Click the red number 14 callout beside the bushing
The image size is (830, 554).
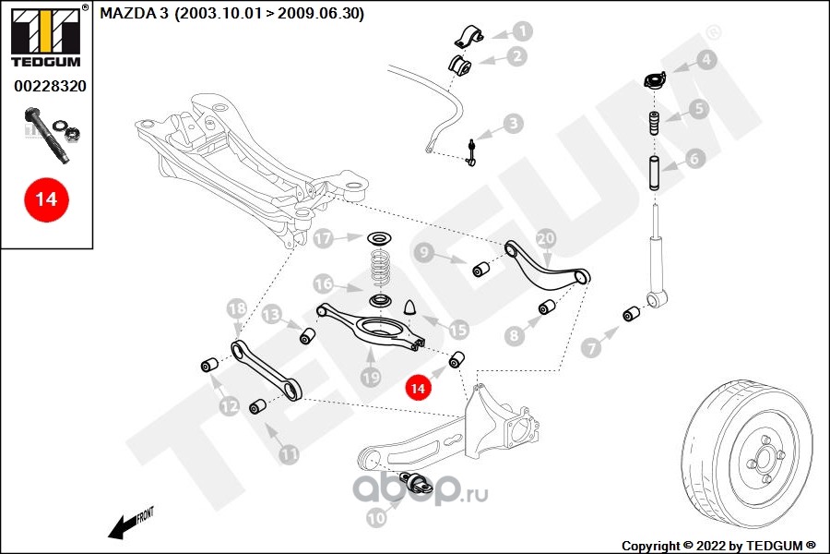click(x=418, y=389)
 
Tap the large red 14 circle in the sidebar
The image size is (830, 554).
click(x=46, y=199)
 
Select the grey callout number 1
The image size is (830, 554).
click(x=522, y=31)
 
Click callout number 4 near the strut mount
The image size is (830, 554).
click(x=705, y=60)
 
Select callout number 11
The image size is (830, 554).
click(x=289, y=453)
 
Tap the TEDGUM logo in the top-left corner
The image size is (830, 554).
click(x=44, y=37)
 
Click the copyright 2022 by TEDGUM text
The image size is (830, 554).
click(x=719, y=546)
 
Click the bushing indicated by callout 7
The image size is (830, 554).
click(x=631, y=314)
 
